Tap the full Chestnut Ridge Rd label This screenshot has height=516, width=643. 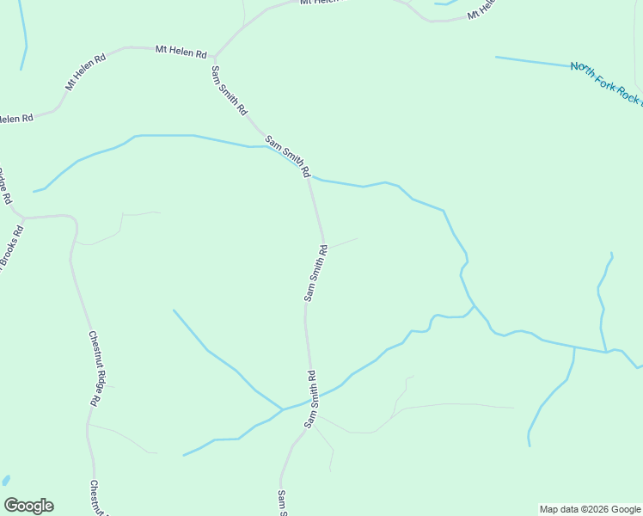coord(99,368)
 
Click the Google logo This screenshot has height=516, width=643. coord(28,506)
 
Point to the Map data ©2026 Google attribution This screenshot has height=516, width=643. coord(591,509)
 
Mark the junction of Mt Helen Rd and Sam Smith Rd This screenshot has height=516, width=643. coord(214,56)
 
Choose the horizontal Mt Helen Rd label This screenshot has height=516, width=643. coord(181,52)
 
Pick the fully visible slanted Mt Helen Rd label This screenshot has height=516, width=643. coord(85,73)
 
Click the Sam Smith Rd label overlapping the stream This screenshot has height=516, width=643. coord(287,156)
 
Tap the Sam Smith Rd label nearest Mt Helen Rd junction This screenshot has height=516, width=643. coord(230,91)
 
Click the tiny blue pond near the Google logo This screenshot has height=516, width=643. coord(5,480)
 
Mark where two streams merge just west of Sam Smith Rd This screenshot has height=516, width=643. coord(283,408)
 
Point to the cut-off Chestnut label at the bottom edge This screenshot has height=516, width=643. coord(95,498)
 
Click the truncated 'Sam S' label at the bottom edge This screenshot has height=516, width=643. coord(282,503)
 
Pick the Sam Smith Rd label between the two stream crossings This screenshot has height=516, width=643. coord(315,273)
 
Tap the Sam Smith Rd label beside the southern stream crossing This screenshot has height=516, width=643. coord(311,399)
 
